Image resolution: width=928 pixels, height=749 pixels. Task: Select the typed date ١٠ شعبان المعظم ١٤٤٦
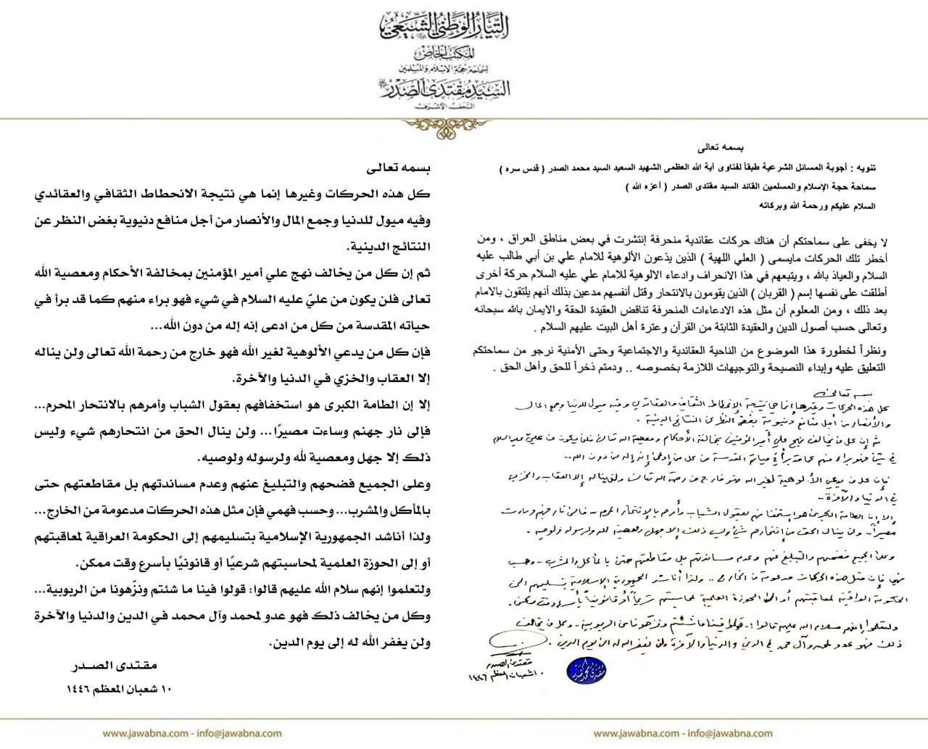click(x=114, y=687)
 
